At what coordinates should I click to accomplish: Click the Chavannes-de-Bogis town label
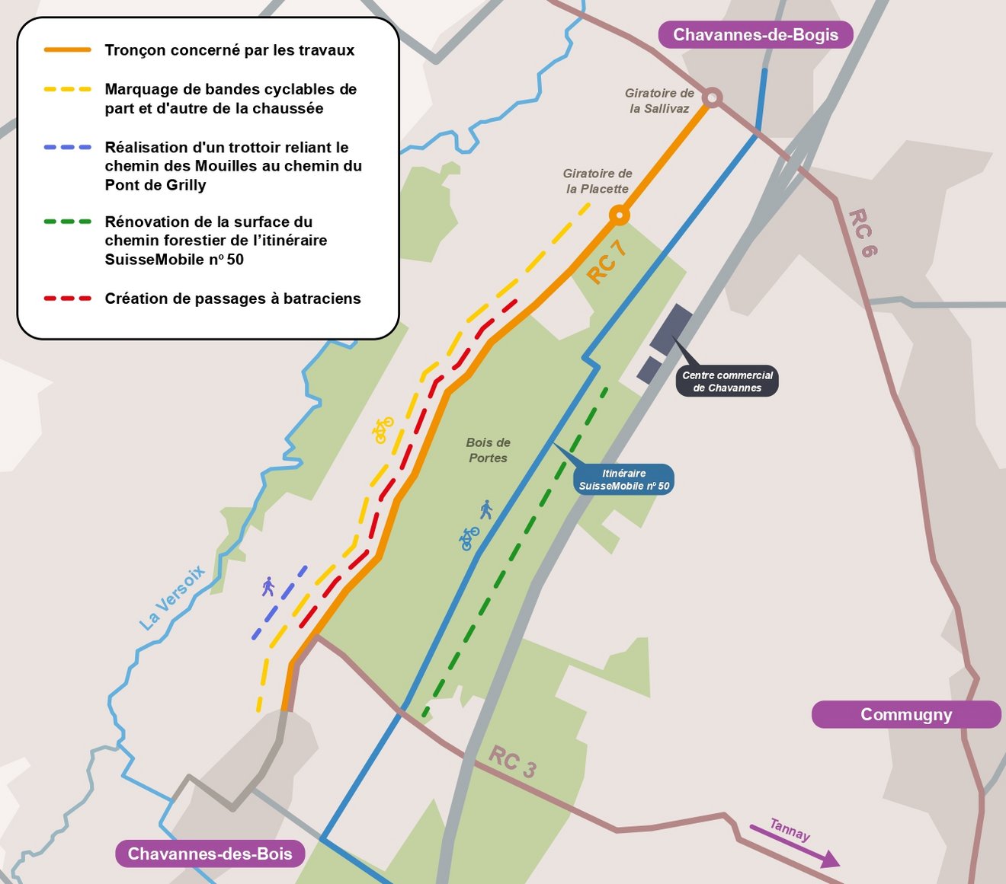(755, 35)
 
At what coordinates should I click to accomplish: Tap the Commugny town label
(906, 715)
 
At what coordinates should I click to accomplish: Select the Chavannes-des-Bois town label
(210, 854)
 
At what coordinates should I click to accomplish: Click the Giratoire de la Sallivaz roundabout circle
(712, 97)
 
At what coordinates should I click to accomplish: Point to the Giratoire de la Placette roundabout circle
(620, 216)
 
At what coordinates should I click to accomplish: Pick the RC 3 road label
(512, 761)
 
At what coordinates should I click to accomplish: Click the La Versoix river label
(172, 597)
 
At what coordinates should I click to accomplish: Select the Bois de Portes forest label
(488, 450)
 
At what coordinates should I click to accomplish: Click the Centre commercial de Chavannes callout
(727, 381)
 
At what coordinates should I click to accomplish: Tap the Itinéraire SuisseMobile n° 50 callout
(623, 480)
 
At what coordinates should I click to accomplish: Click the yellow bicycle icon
(383, 430)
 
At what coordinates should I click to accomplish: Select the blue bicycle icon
(469, 538)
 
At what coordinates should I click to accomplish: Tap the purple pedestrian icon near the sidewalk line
(268, 586)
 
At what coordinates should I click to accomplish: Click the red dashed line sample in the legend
(68, 298)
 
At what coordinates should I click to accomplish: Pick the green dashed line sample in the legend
(68, 222)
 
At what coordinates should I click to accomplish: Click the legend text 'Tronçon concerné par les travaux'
(229, 50)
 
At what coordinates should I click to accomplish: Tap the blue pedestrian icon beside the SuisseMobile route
(486, 509)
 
